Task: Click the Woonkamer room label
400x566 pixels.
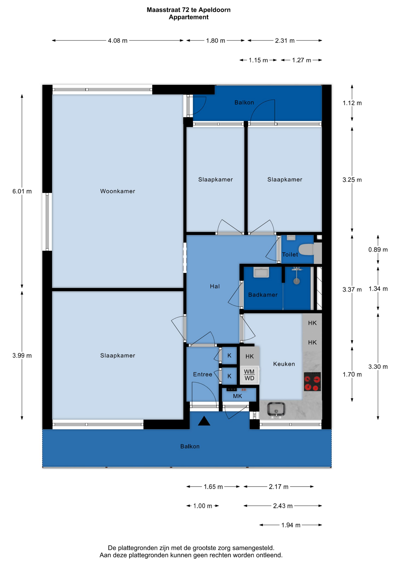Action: click(x=118, y=191)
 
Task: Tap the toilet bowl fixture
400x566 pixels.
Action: click(x=306, y=249)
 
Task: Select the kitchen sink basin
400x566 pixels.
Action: click(x=276, y=410)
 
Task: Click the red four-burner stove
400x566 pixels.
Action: click(x=312, y=382)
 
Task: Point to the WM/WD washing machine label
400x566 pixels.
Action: click(x=249, y=375)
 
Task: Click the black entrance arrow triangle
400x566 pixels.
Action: click(x=204, y=421)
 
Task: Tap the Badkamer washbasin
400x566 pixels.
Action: click(x=261, y=272)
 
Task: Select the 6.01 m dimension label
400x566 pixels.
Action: click(x=22, y=191)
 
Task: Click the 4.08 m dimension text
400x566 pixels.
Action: click(x=118, y=41)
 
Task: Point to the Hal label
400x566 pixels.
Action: click(x=215, y=286)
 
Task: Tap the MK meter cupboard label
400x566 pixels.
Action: click(x=237, y=396)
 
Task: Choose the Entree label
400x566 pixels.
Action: click(x=203, y=374)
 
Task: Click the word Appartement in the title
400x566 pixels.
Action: click(x=189, y=17)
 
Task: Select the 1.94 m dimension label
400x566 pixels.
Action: click(x=291, y=525)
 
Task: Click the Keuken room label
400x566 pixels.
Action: click(x=284, y=364)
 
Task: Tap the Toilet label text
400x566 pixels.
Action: click(x=290, y=254)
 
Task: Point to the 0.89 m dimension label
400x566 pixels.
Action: click(x=378, y=250)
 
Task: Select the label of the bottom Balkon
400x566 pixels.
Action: click(x=190, y=447)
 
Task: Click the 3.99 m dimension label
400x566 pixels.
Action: click(x=22, y=356)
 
